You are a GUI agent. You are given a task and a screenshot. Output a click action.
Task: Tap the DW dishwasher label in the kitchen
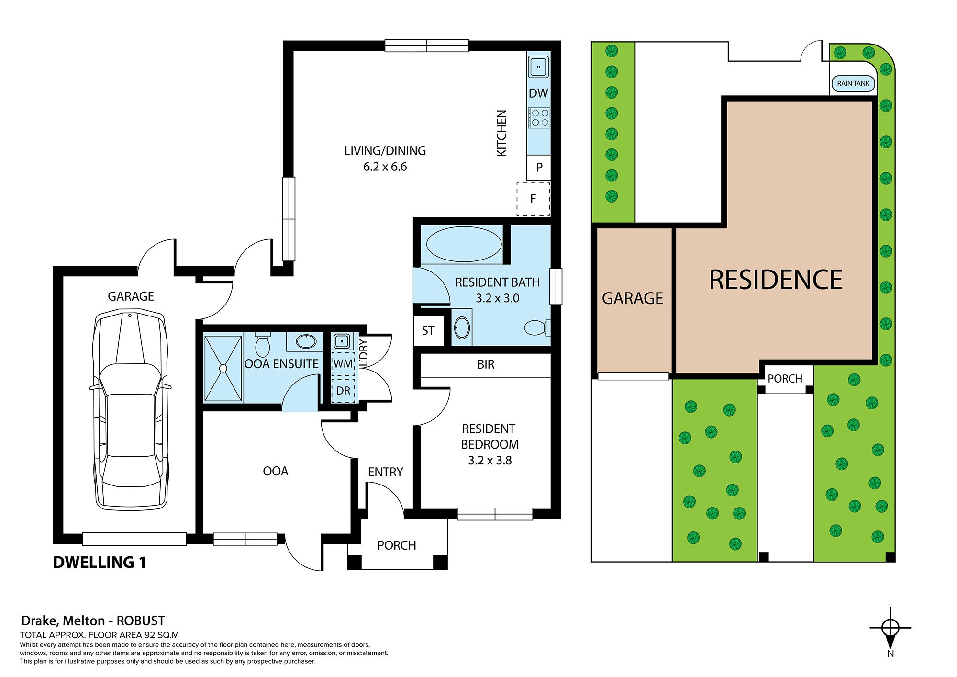(x=538, y=93)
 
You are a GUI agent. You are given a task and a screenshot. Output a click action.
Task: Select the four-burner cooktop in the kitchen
(x=539, y=118)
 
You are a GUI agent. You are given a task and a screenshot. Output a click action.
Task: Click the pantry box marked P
(x=539, y=168)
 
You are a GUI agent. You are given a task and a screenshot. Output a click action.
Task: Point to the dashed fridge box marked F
(x=533, y=199)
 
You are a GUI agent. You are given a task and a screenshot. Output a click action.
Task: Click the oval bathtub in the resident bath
(x=463, y=244)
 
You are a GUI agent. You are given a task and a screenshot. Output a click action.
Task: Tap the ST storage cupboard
(x=428, y=330)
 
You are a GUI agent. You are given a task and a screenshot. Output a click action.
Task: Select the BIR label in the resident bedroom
(x=486, y=365)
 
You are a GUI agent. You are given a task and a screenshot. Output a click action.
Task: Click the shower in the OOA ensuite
(x=223, y=368)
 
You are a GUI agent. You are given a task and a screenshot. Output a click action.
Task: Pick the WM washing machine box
(x=343, y=363)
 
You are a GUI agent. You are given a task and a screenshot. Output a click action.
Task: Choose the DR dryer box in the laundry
(x=343, y=391)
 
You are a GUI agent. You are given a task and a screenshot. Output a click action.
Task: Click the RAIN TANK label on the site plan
(x=853, y=83)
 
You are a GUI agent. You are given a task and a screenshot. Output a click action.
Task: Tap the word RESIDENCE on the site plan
(x=776, y=280)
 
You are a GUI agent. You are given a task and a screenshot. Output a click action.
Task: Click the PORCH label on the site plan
(x=785, y=379)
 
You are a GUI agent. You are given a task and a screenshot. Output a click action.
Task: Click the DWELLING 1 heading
(x=100, y=562)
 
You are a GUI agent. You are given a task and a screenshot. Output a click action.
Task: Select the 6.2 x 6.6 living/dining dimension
(x=385, y=167)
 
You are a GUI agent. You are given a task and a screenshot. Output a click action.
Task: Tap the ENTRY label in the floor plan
(x=385, y=472)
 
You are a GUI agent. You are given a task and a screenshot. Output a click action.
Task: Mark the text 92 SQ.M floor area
(x=161, y=635)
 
